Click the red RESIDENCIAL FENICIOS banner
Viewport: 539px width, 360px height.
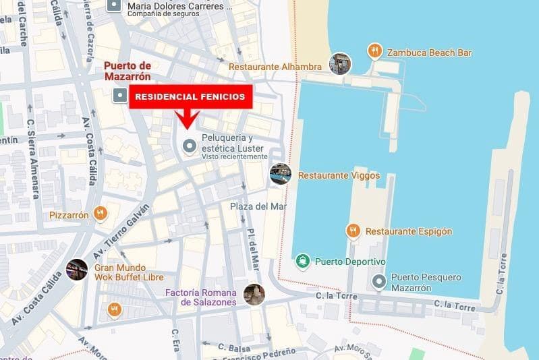click(190, 97)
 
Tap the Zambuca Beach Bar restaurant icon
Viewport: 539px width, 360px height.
click(375, 51)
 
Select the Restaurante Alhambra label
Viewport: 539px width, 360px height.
click(275, 67)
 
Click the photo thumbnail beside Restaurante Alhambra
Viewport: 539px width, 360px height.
click(340, 64)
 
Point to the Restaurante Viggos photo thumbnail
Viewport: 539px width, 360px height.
click(280, 174)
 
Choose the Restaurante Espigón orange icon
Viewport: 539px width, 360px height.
click(353, 231)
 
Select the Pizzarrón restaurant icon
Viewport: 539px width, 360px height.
click(101, 214)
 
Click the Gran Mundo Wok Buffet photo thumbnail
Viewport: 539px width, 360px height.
click(76, 270)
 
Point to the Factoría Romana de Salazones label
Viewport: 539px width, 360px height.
click(201, 297)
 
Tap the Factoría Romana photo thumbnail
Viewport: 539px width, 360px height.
click(254, 295)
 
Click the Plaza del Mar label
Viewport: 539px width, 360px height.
click(258, 206)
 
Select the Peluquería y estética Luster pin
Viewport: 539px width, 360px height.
click(190, 144)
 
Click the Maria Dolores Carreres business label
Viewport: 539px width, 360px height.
click(179, 6)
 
